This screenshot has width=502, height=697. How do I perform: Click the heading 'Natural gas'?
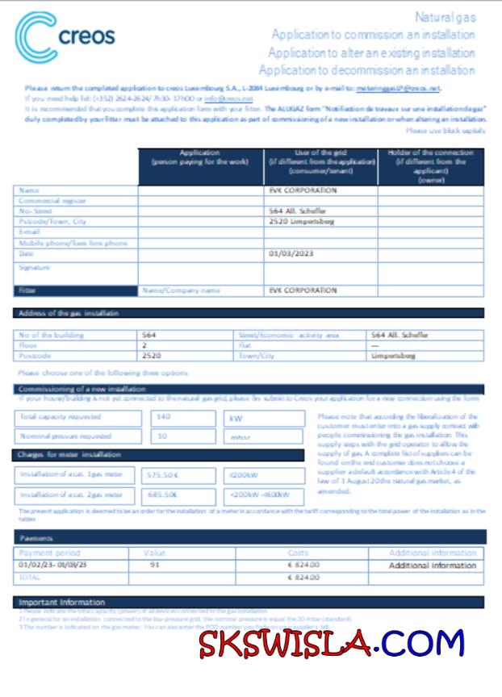(x=445, y=17)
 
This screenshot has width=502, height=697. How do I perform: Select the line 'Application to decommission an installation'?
(x=366, y=71)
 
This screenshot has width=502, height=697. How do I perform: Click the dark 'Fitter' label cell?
(x=76, y=290)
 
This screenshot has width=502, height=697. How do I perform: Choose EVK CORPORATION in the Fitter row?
(x=303, y=290)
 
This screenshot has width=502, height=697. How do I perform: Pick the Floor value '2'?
(x=144, y=344)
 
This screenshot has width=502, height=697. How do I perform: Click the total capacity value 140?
(x=165, y=418)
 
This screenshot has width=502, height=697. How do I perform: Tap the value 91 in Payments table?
(x=155, y=565)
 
